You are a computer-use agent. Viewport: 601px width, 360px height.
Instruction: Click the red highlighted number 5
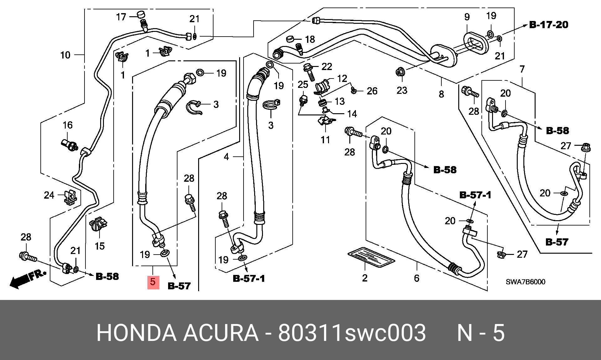click(153, 282)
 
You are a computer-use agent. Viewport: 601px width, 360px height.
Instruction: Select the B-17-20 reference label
click(548, 25)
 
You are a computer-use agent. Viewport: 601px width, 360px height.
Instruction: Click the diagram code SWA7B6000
click(526, 282)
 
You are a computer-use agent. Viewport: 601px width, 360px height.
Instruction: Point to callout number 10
click(65, 55)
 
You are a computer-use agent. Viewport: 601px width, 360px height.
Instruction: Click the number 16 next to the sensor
click(68, 125)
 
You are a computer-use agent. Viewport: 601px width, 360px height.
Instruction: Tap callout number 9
click(467, 17)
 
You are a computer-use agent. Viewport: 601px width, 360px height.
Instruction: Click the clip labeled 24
click(71, 197)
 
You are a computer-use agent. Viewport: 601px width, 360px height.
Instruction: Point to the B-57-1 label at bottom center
click(249, 278)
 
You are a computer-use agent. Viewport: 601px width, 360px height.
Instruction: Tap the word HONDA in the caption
click(136, 333)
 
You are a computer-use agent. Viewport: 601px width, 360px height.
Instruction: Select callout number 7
click(522, 69)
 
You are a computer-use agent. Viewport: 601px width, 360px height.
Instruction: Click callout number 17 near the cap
click(121, 17)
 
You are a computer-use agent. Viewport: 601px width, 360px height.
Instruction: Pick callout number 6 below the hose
click(416, 278)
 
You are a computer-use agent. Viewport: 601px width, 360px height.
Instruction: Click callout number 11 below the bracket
click(326, 140)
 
